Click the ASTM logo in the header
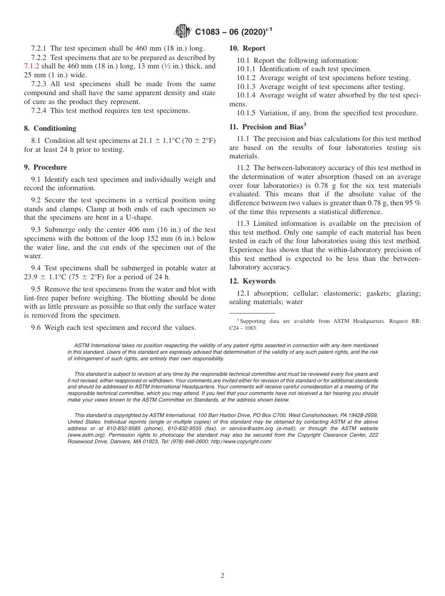click(183, 31)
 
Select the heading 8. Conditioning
click(50, 128)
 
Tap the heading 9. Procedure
click(45, 167)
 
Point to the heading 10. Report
click(247, 48)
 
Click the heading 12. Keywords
click(252, 281)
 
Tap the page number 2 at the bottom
click(222, 576)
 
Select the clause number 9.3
click(36, 230)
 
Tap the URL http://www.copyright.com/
click(241, 442)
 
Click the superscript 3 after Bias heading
click(304, 125)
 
